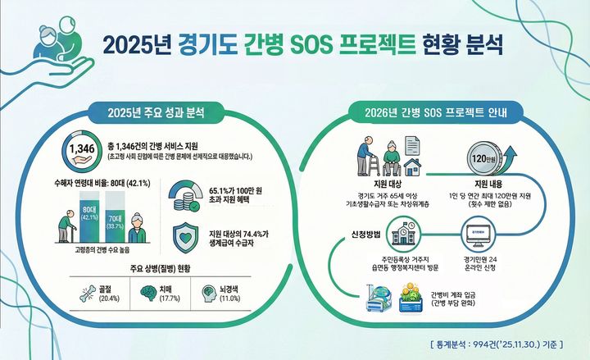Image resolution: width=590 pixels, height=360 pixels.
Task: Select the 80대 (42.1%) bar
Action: (89, 214)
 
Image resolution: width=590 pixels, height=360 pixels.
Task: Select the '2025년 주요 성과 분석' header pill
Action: (155, 112)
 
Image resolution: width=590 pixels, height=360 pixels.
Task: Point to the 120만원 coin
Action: (480, 157)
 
